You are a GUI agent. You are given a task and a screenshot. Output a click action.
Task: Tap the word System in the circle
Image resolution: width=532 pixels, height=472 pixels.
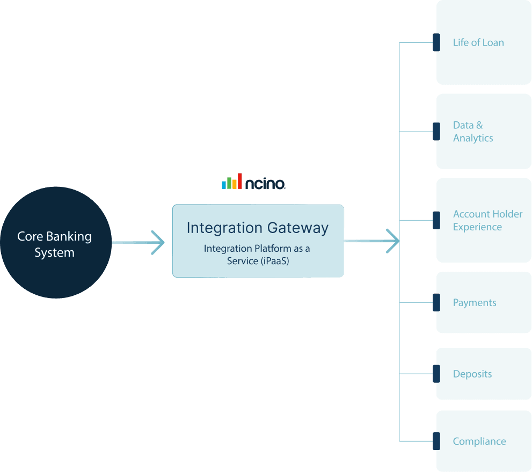click(54, 253)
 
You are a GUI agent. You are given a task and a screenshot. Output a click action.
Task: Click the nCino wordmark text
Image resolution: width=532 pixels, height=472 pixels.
click(265, 184)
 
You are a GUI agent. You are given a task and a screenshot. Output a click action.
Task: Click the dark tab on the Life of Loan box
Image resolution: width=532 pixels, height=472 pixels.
click(436, 42)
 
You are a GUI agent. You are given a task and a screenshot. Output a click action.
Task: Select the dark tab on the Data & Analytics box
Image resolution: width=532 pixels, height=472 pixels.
click(436, 131)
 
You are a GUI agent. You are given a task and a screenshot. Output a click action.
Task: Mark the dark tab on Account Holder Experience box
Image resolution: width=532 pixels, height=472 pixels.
click(436, 220)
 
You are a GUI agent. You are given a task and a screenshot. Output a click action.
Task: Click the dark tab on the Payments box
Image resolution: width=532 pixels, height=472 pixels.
click(436, 302)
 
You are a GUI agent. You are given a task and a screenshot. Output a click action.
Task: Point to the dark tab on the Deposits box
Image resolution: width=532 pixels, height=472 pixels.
click(436, 374)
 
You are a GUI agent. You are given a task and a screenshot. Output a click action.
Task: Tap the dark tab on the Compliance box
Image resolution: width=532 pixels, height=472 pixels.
click(436, 441)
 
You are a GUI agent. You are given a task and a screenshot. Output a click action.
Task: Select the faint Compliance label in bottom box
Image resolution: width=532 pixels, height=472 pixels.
click(478, 441)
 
